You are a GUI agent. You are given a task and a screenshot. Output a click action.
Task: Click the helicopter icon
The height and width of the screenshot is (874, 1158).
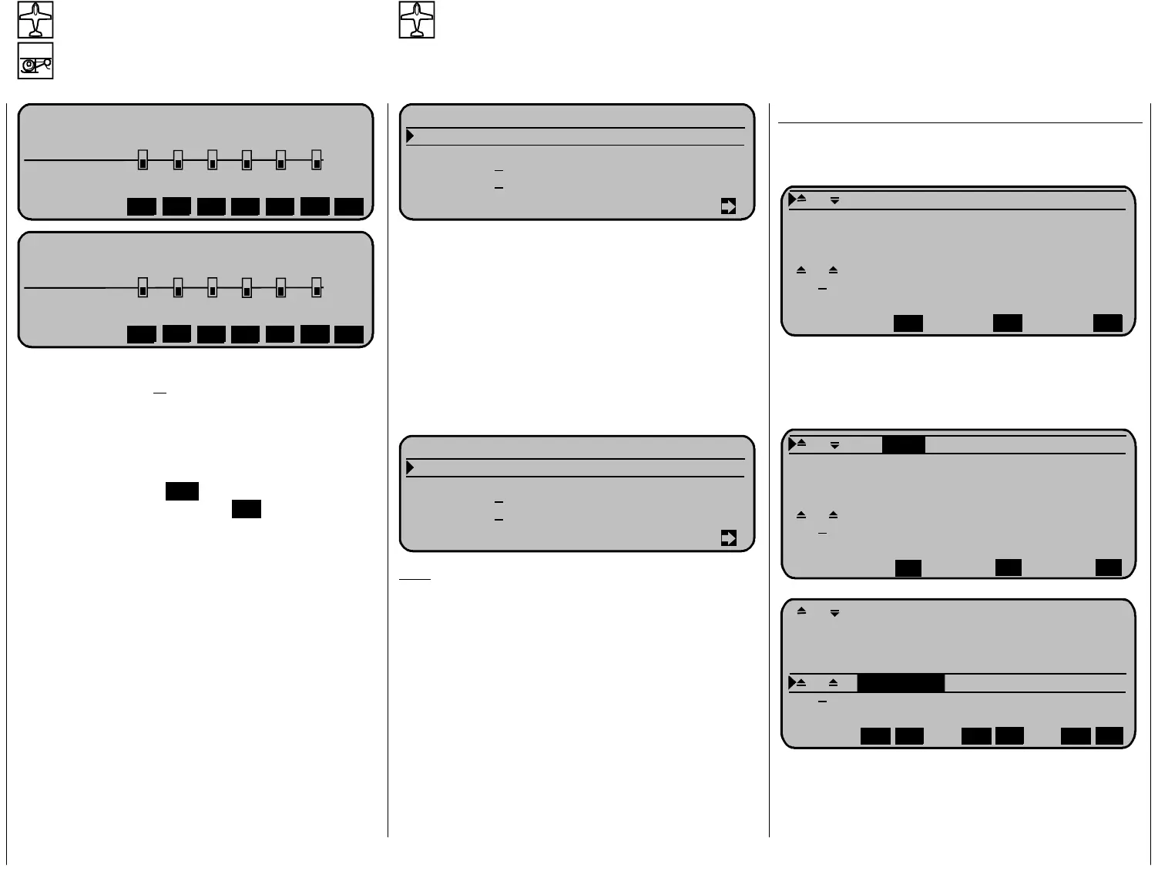[x=35, y=61]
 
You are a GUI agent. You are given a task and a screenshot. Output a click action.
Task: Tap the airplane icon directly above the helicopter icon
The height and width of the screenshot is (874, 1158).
[x=35, y=20]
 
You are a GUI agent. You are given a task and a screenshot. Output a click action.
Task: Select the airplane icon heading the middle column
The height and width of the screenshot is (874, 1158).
[x=417, y=20]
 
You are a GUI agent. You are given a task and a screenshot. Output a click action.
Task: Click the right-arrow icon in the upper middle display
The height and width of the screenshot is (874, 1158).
[x=728, y=206]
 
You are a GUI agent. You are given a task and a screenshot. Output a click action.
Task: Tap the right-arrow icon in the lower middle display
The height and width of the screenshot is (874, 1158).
[x=728, y=538]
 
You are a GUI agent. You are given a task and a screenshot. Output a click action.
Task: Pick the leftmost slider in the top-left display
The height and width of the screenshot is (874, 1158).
[x=143, y=160]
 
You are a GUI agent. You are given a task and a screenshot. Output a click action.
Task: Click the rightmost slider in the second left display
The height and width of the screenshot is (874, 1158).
[x=317, y=288]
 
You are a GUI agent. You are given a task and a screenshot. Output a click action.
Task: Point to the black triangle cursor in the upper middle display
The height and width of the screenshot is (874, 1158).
[x=410, y=136]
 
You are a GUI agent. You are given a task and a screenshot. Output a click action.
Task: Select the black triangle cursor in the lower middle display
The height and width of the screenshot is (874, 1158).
[x=410, y=467]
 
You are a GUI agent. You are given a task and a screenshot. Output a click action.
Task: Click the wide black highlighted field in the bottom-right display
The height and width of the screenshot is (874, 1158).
[x=900, y=683]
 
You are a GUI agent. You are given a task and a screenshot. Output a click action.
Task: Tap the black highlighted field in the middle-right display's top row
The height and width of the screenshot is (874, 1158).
[x=903, y=444]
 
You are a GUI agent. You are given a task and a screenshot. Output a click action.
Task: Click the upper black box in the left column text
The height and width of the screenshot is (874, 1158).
[x=182, y=491]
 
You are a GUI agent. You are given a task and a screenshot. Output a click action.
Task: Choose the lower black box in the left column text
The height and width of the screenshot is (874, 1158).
[x=246, y=509]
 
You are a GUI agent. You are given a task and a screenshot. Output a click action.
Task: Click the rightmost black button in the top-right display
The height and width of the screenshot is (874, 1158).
[x=1107, y=323]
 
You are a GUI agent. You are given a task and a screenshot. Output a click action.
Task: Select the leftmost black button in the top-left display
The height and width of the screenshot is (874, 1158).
[x=142, y=207]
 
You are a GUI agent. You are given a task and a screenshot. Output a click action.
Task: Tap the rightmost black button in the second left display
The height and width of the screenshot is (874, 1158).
[x=349, y=335]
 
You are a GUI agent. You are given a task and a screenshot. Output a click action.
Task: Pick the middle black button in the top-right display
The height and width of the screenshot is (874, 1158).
[x=1007, y=323]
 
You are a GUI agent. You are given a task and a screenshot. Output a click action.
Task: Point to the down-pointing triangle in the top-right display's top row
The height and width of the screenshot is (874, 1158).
[x=834, y=201]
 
